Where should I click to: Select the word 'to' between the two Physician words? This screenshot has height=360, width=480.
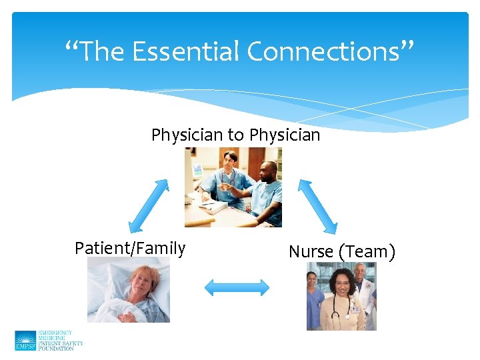(236, 135)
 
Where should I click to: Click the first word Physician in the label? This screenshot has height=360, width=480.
(187, 135)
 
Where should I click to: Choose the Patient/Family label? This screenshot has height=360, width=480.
(130, 249)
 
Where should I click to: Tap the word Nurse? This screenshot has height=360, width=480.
(311, 252)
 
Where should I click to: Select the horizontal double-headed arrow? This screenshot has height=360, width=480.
(237, 287)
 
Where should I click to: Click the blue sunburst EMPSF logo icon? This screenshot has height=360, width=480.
(25, 341)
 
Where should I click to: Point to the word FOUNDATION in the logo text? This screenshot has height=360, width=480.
(56, 349)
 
